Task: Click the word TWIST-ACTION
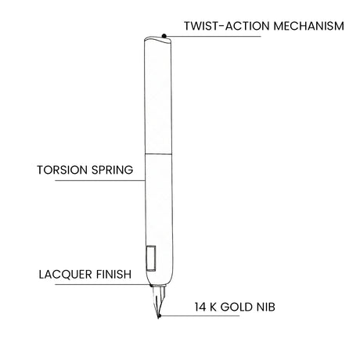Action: click(227, 26)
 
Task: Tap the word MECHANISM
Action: click(309, 26)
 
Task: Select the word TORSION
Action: click(62, 170)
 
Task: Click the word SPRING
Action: click(113, 170)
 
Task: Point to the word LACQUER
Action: click(66, 275)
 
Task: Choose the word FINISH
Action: click(113, 275)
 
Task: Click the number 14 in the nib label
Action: click(200, 307)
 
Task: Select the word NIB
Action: click(266, 307)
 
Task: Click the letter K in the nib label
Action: click(213, 307)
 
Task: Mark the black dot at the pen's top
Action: click(164, 36)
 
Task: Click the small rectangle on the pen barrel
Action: click(151, 258)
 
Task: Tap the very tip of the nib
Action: click(158, 318)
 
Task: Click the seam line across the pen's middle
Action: click(158, 154)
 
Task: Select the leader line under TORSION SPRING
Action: click(100, 180)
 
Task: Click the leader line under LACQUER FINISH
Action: click(103, 285)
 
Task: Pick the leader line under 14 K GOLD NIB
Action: click(200, 316)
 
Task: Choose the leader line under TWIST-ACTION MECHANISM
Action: click(213, 36)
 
